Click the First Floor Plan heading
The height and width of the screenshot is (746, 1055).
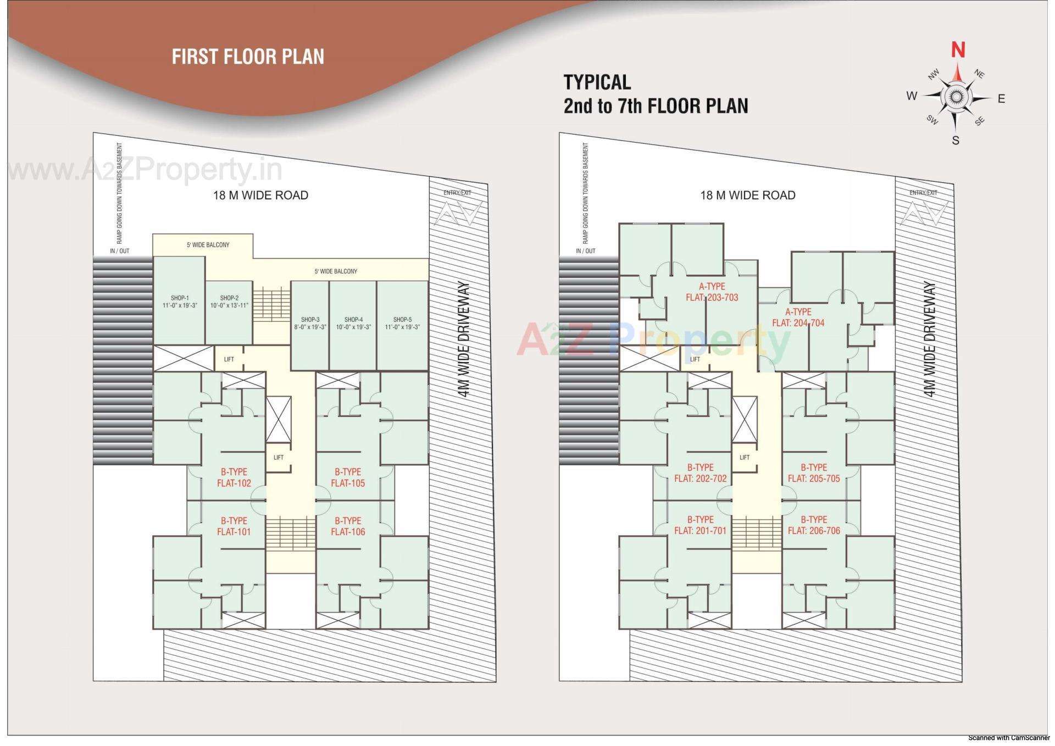click(x=248, y=57)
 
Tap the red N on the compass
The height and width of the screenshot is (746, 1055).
click(x=958, y=50)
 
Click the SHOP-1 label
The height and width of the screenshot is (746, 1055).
click(x=179, y=302)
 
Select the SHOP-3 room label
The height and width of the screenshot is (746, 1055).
click(x=310, y=323)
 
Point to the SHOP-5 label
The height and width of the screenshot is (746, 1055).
click(x=402, y=323)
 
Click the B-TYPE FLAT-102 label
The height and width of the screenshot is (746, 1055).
click(x=234, y=477)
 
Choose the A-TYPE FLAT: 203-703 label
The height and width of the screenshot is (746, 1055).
click(x=712, y=292)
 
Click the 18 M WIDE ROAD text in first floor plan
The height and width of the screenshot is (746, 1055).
click(x=260, y=196)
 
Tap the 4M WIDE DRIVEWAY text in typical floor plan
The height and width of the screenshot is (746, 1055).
click(x=929, y=339)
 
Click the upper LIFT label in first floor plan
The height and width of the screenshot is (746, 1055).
click(x=229, y=359)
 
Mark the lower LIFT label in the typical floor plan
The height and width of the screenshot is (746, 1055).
click(x=744, y=458)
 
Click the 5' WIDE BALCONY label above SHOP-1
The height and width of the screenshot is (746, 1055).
click(x=208, y=245)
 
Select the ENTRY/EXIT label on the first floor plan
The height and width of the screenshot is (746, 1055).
click(x=457, y=193)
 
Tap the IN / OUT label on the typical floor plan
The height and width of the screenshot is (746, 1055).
click(x=585, y=251)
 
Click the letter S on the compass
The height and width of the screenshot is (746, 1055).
click(x=956, y=141)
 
